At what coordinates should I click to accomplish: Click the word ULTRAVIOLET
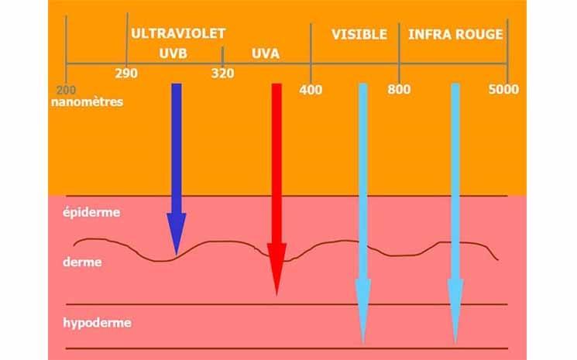(178, 34)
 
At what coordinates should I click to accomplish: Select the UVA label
(266, 54)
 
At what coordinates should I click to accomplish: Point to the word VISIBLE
(359, 35)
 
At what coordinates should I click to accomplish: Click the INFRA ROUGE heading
(455, 35)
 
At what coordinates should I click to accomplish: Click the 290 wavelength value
(126, 74)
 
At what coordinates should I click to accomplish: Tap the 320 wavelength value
(222, 74)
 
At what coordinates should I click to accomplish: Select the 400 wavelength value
(311, 89)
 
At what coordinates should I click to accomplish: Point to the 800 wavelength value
(400, 89)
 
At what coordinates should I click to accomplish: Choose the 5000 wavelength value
(503, 89)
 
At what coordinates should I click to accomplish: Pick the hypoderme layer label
(96, 322)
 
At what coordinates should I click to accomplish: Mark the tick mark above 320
(222, 55)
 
